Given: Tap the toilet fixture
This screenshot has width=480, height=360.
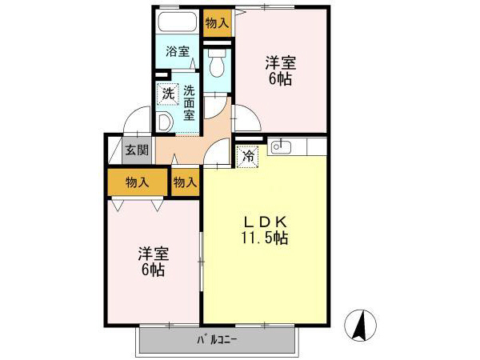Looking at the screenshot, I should (216, 61).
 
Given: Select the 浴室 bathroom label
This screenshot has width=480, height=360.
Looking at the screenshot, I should (178, 53).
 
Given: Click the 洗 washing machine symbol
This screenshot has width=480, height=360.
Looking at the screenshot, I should (167, 93).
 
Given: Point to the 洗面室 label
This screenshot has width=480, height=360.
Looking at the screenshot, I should (190, 102).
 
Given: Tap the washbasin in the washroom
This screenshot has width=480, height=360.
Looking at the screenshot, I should (164, 122).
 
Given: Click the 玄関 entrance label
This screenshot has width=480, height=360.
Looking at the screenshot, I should (136, 150).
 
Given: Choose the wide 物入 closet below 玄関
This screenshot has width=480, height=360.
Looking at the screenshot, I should (138, 182).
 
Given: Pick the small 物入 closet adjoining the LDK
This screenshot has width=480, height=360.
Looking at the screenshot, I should (185, 182).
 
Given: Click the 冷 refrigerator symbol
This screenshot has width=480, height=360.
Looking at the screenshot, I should (249, 156).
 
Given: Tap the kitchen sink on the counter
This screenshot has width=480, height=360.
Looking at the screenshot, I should (279, 146).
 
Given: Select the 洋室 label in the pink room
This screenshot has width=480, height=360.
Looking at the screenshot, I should (153, 254).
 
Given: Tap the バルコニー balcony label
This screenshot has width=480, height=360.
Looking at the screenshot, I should (218, 340).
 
